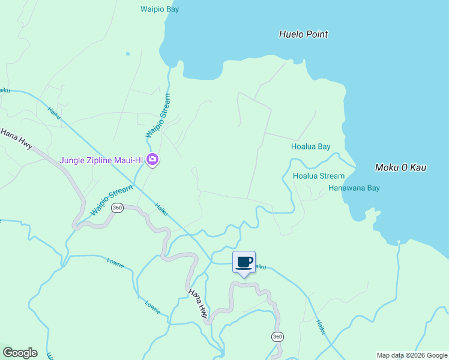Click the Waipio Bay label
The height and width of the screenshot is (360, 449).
160,10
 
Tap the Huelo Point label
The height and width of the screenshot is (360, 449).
303,34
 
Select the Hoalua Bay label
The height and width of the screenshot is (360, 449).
310,146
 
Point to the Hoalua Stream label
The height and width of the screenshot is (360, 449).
318,176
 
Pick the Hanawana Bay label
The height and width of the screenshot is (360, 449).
354,188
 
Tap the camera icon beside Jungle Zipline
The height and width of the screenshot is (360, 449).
152,160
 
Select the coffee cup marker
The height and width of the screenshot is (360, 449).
244,262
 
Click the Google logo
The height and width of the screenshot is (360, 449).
20,353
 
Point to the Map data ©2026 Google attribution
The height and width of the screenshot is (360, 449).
412,355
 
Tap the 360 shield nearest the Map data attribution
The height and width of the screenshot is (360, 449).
277,337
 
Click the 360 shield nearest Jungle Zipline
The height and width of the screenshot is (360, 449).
117,208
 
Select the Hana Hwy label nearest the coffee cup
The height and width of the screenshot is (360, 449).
199,302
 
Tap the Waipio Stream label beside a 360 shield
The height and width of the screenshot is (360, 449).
112,200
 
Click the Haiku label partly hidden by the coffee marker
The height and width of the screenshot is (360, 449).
259,266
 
